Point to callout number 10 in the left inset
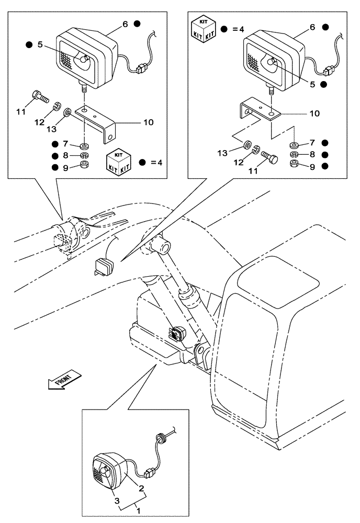148,123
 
